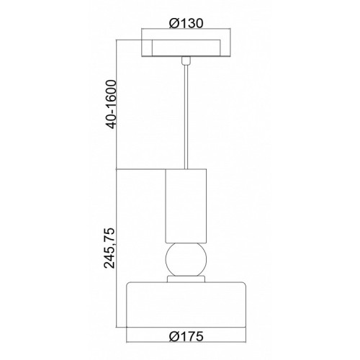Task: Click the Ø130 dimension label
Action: point(186,23)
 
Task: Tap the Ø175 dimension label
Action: point(186,336)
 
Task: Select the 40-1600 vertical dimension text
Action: point(111,104)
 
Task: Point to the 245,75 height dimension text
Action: point(109,248)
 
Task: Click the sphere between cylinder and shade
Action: point(186,259)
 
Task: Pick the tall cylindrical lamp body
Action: point(186,206)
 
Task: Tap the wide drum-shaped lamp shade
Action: point(186,305)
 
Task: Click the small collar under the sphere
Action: point(186,279)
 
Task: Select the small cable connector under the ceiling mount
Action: point(186,60)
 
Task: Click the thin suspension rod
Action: point(186,117)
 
